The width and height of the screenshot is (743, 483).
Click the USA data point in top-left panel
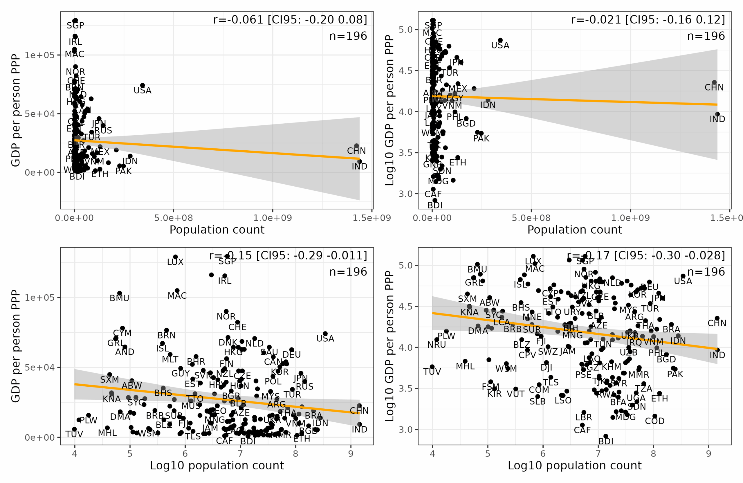[x=142, y=85]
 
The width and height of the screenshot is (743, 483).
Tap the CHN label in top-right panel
[x=714, y=87]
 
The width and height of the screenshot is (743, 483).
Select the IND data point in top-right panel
[x=717, y=114]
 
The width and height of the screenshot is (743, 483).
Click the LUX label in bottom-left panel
[x=175, y=262]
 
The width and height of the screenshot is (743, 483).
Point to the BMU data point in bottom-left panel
[x=119, y=293]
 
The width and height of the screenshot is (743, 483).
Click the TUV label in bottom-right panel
[x=432, y=372]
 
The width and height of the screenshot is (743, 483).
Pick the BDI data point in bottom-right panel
[x=606, y=436]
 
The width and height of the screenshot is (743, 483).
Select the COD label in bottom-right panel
[x=655, y=421]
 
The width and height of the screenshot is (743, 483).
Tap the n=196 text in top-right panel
[x=706, y=36]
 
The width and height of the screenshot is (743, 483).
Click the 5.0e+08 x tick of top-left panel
[x=174, y=218]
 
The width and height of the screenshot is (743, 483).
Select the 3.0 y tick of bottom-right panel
[x=405, y=430]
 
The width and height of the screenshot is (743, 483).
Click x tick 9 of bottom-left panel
[x=351, y=454]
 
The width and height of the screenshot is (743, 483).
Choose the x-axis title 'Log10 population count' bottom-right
[x=574, y=466]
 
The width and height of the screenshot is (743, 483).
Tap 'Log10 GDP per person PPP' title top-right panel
[x=389, y=110]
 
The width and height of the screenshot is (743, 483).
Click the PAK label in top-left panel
[x=123, y=172]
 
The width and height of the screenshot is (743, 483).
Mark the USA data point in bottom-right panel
[x=683, y=276]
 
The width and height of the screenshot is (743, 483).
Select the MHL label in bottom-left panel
[x=107, y=433]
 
